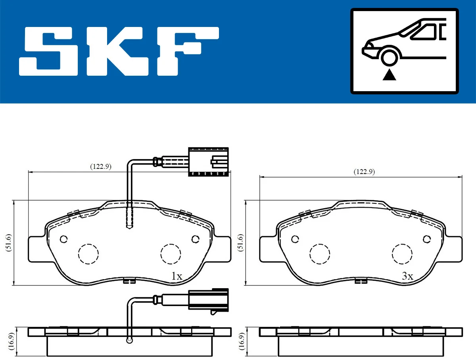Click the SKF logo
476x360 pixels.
point(119,51)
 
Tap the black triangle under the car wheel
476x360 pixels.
point(390,74)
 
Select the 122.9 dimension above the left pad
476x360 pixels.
point(100,167)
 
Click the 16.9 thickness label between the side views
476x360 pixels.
point(241,340)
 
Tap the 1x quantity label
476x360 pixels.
point(177,276)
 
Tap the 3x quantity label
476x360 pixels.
point(407,276)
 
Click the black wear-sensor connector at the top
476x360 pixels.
point(209,162)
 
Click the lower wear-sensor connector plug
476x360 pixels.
point(208,300)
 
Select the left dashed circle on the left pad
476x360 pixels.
point(88,253)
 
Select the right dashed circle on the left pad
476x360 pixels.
point(171,253)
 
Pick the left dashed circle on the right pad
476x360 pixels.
point(320,253)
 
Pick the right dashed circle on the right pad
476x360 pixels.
point(402,253)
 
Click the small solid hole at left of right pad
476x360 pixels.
point(295,239)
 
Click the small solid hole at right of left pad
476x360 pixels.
point(195,239)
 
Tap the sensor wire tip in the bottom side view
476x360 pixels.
point(129,340)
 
